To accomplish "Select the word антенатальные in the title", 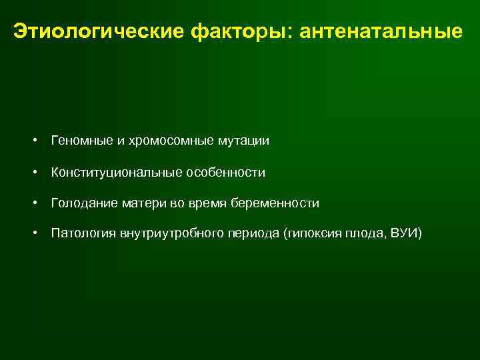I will [x=381, y=31].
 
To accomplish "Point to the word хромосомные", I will [x=162, y=141].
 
